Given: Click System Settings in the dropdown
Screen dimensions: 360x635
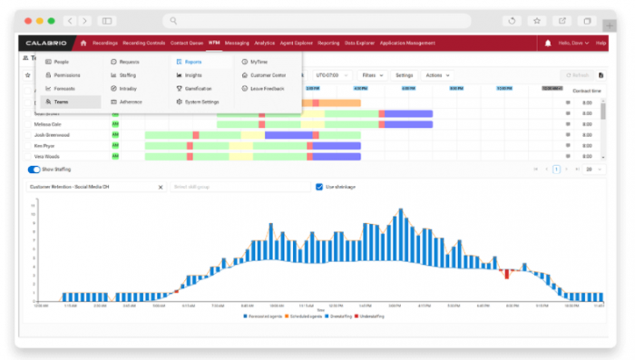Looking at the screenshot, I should [200, 102].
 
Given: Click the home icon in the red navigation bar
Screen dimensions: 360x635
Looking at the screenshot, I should [83, 43].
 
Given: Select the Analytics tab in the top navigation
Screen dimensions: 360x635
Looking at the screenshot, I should [264, 43].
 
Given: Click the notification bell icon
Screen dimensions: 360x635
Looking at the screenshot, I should [548, 43].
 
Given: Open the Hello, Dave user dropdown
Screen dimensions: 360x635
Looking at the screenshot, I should [574, 43].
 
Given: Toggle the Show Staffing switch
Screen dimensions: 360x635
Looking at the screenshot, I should [34, 169].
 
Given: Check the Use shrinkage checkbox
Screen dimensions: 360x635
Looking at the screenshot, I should [319, 187].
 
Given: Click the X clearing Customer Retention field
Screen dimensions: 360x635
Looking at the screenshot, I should [161, 187].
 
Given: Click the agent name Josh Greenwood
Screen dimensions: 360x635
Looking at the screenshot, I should [53, 134].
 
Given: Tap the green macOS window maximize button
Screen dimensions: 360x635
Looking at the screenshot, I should [50, 20].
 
